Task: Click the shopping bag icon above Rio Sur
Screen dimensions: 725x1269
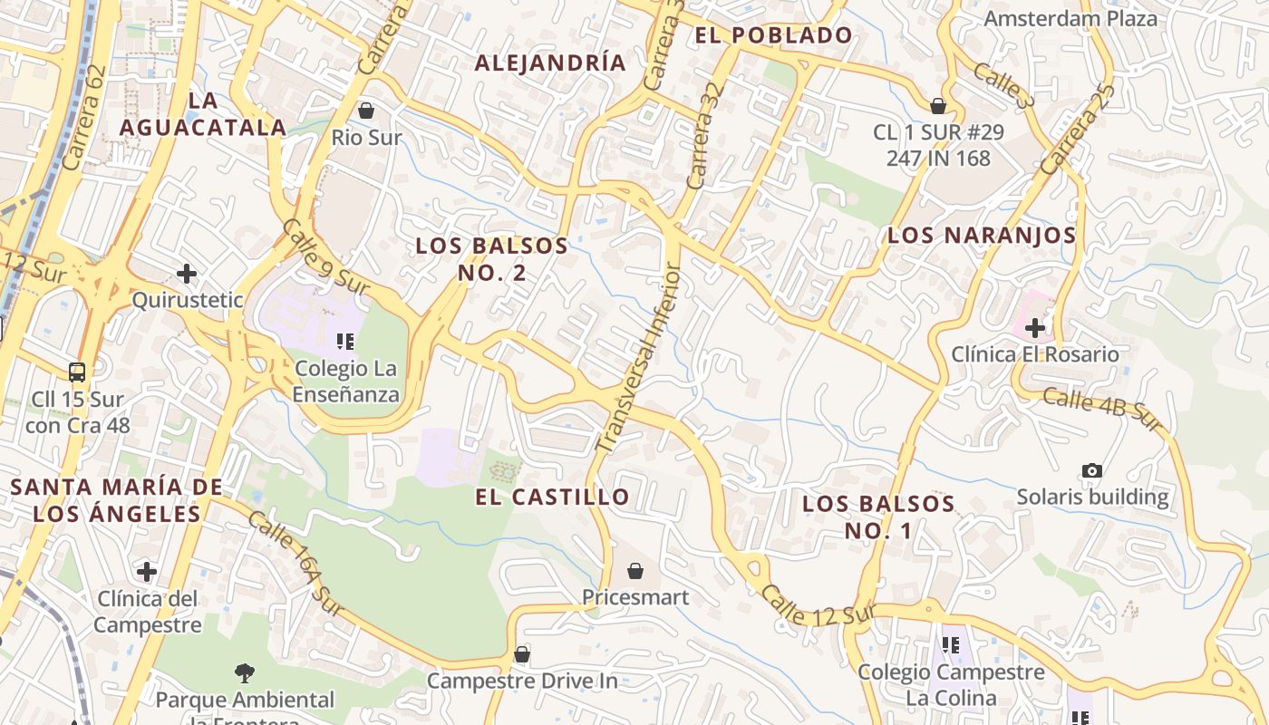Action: (x=366, y=111)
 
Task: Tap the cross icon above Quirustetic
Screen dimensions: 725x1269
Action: (x=187, y=273)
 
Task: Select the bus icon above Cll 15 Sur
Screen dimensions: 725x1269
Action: (x=77, y=372)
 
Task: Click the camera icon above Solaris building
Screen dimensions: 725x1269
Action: (x=1092, y=470)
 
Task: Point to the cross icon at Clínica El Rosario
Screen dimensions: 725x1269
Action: (x=1035, y=327)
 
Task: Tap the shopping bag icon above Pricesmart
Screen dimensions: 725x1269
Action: (x=635, y=571)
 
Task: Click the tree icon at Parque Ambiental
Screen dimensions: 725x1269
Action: (x=244, y=672)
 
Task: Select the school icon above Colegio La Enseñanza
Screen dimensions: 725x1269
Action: (x=345, y=342)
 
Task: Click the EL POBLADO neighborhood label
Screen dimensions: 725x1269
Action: (x=773, y=35)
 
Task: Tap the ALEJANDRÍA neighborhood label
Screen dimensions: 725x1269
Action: (x=550, y=63)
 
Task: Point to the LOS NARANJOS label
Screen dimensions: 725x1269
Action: (x=982, y=236)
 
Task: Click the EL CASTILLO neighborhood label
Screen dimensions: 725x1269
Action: (x=552, y=497)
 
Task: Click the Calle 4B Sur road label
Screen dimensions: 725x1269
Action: (x=1102, y=410)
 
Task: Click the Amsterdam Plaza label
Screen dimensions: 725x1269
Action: (x=1070, y=18)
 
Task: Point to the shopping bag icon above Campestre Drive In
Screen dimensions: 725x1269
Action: (x=521, y=653)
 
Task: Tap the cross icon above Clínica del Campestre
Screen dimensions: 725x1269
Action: (x=147, y=571)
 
